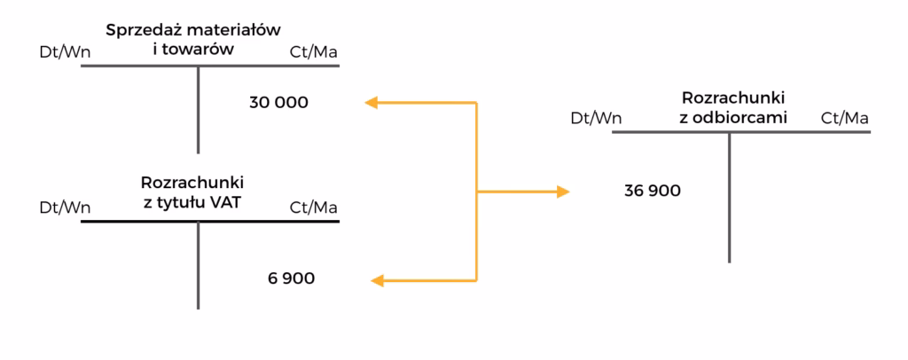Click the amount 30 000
coord(278,102)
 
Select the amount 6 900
coord(291,278)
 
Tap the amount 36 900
coord(653,190)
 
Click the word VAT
coord(226,202)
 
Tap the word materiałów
coord(237,30)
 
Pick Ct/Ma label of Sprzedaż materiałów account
coord(314,52)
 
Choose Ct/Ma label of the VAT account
coord(314,207)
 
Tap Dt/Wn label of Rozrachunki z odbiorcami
coord(596,118)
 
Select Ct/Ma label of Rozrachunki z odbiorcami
coord(844,118)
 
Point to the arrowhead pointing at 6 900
coord(376,281)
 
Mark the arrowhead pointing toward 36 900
coord(562,191)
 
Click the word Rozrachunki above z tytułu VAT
coord(192,184)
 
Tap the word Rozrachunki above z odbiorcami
coord(734,97)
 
